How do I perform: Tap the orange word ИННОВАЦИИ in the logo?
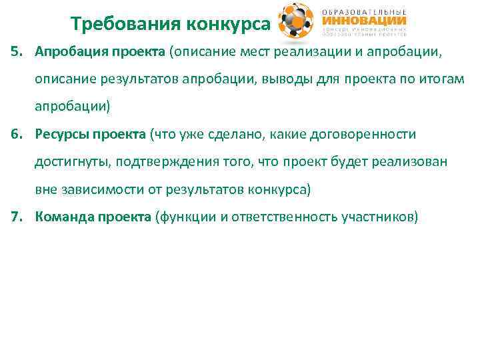[x=364, y=21]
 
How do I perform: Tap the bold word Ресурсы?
[x=62, y=135]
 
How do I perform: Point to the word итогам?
[x=443, y=79]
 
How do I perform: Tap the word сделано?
[x=228, y=135]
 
